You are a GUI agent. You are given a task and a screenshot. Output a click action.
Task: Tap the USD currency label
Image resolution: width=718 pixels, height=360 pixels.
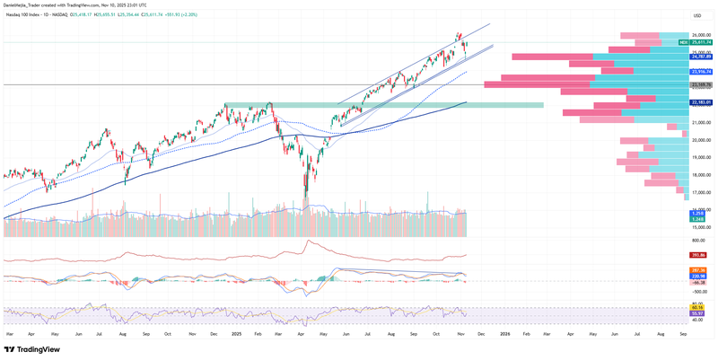[x=696, y=16]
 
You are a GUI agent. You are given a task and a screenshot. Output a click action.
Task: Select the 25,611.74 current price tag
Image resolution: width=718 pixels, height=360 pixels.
[x=703, y=42]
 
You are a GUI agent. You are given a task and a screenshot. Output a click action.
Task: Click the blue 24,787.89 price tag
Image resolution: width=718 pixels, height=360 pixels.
[x=701, y=56]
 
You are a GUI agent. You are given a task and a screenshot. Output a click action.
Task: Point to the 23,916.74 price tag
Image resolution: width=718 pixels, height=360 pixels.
[x=701, y=72]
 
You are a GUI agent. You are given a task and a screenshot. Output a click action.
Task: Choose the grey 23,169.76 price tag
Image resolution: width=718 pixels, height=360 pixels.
[x=701, y=85]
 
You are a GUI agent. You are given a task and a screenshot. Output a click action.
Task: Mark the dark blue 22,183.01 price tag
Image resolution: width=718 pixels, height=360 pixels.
[x=701, y=102]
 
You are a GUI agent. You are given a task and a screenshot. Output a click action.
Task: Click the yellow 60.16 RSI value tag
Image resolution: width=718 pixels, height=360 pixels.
[x=697, y=309]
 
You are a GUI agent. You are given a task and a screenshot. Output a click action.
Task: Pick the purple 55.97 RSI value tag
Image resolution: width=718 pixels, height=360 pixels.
[x=697, y=314]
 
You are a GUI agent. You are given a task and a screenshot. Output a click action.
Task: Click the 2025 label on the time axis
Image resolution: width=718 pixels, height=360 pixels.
[x=236, y=333]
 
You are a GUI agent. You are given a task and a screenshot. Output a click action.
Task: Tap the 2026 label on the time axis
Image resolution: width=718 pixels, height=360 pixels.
[x=505, y=333]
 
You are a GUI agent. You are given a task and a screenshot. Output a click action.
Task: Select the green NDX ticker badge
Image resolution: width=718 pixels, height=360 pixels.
[x=683, y=42]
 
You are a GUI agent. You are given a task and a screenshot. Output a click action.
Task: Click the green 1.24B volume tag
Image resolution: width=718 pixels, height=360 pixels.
[x=697, y=218]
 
